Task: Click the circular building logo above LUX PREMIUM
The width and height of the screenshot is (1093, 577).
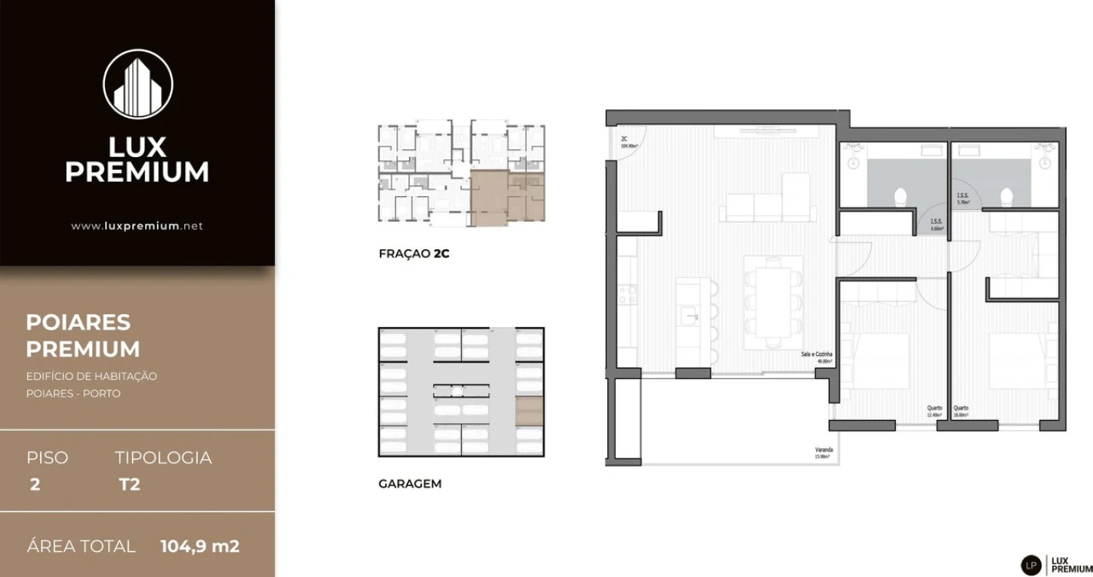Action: pyautogui.click(x=138, y=84)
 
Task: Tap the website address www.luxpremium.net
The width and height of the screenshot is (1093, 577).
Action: pyautogui.click(x=137, y=226)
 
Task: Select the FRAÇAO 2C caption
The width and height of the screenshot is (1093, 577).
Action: pyautogui.click(x=414, y=254)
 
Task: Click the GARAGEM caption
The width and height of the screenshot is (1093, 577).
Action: pyautogui.click(x=410, y=484)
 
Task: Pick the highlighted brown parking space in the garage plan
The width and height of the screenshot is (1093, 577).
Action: pyautogui.click(x=529, y=411)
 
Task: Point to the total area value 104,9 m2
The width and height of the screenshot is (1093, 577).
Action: pyautogui.click(x=200, y=547)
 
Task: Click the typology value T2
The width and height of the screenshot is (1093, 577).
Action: pyautogui.click(x=128, y=484)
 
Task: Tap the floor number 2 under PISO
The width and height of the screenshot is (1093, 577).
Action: pyautogui.click(x=34, y=484)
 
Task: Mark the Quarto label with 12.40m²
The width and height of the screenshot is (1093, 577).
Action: pyautogui.click(x=933, y=411)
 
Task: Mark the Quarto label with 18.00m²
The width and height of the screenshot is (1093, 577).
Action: pyautogui.click(x=961, y=411)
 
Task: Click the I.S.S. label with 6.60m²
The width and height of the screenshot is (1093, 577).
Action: pyautogui.click(x=936, y=225)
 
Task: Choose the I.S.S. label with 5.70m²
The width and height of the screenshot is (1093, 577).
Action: pyautogui.click(x=963, y=199)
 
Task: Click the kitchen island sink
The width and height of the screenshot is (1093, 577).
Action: pyautogui.click(x=688, y=317)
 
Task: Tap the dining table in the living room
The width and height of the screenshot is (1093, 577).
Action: pyautogui.click(x=773, y=302)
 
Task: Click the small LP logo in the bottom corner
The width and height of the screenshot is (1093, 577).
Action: pyautogui.click(x=1031, y=564)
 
